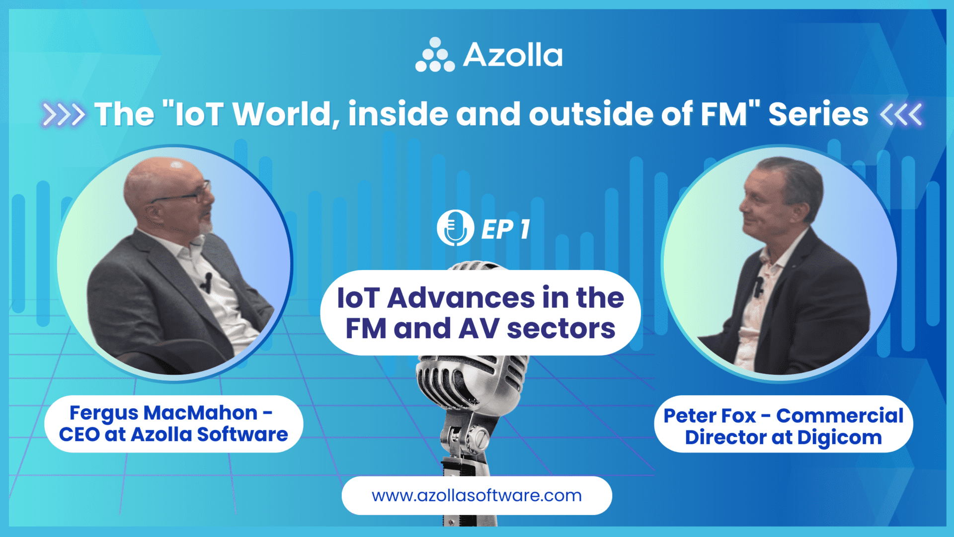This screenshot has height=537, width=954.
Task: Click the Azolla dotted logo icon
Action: tap(435, 55)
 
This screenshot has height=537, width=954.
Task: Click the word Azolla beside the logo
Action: tap(513, 55)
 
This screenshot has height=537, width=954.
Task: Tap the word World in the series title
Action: tap(282, 114)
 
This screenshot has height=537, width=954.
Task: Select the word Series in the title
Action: tap(818, 114)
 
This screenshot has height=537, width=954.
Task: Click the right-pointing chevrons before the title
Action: tap(63, 114)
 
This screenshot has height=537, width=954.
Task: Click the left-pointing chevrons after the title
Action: tap(901, 114)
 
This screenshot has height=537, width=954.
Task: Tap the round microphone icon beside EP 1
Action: tap(455, 228)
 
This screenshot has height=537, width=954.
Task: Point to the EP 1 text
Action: tap(505, 229)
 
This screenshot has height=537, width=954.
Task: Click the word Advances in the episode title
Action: tap(461, 298)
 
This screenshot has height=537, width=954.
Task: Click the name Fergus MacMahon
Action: tap(163, 413)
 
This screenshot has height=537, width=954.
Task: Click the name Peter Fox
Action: tap(710, 416)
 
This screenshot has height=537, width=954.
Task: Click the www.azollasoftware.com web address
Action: tap(477, 495)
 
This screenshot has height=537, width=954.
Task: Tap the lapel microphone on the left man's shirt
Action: tap(207, 281)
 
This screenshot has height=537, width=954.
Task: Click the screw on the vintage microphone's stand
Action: tap(481, 438)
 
